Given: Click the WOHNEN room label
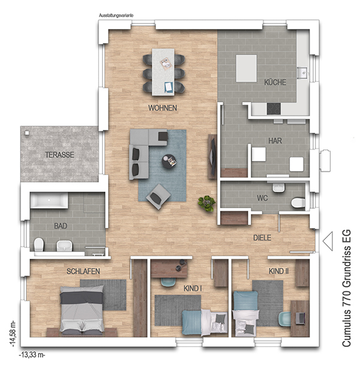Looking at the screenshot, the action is click(x=163, y=108).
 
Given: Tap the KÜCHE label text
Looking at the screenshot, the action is click(x=275, y=82).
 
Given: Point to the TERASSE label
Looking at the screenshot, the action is click(x=59, y=155).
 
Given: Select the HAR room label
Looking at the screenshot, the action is click(x=275, y=140).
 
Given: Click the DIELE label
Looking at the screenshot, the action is click(x=262, y=238).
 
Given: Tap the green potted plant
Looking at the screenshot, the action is click(x=206, y=204).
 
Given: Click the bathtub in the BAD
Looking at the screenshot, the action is click(x=49, y=200).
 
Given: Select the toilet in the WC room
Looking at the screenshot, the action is click(x=298, y=202).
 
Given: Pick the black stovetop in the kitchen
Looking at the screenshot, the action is click(x=274, y=109).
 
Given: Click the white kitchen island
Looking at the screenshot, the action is click(x=246, y=68).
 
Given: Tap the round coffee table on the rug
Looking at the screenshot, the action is click(x=169, y=161).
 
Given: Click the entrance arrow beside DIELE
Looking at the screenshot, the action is click(x=328, y=241).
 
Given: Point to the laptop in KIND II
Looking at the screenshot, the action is click(x=301, y=318).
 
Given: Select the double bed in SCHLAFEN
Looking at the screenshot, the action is click(x=82, y=309).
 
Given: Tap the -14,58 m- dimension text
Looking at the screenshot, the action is click(x=13, y=334).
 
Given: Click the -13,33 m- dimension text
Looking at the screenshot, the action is click(x=32, y=355).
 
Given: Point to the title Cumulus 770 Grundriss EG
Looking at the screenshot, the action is click(x=347, y=288).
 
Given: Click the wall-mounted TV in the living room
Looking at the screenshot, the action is click(x=212, y=156).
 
